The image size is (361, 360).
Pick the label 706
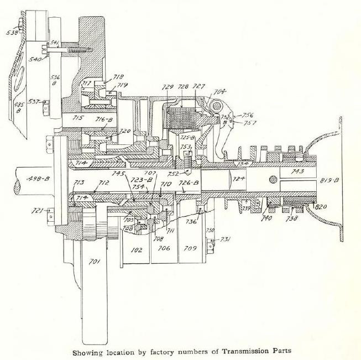click(x=163, y=249)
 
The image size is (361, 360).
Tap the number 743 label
click(x=297, y=172)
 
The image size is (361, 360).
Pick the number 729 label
click(x=169, y=87)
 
